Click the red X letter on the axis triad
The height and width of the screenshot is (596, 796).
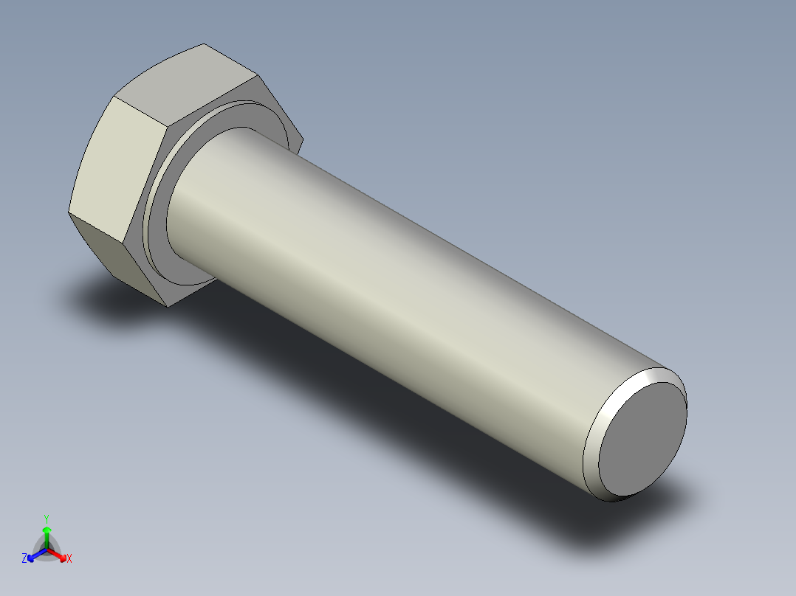point(69,558)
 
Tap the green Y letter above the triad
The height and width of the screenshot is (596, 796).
point(47,518)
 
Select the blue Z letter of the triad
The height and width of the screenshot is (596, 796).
point(24,558)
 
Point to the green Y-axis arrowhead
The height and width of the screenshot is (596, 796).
point(47,530)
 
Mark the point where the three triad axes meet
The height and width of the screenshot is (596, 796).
point(47,549)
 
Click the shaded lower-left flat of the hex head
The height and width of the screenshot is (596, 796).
point(103,251)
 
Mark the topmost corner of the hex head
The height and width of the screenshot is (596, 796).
point(204,44)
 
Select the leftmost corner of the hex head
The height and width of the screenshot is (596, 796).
point(69,212)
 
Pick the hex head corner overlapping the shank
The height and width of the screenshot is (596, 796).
point(302,137)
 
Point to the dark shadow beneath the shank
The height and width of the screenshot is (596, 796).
point(414,413)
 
